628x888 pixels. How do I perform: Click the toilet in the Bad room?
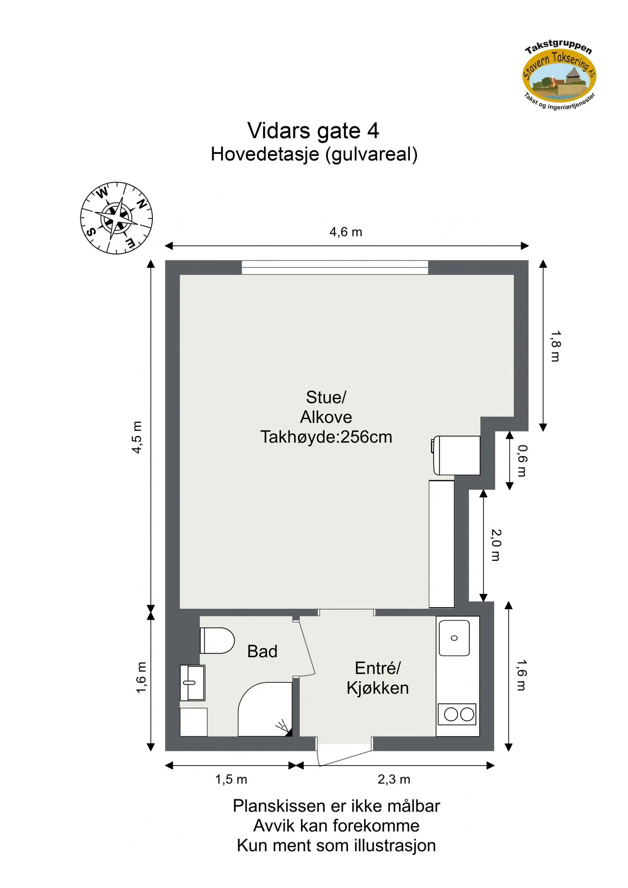[217, 640]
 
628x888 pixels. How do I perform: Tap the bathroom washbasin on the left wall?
[192, 683]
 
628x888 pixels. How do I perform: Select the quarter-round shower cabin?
[265, 709]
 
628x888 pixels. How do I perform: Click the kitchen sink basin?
[454, 638]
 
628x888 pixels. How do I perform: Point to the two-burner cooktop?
[457, 714]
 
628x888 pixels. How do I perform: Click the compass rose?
[116, 218]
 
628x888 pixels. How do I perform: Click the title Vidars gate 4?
[313, 131]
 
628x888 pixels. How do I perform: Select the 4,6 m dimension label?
[346, 232]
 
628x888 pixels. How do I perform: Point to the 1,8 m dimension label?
[555, 346]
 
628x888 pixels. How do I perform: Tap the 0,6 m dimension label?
[522, 460]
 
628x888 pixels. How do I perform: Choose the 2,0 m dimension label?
[496, 545]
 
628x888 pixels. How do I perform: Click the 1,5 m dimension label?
[231, 779]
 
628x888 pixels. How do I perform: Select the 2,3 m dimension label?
[394, 779]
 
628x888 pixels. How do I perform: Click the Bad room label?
[262, 651]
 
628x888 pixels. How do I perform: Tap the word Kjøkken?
[377, 688]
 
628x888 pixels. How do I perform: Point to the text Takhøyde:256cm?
[326, 437]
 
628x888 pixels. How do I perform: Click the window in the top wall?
[335, 267]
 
